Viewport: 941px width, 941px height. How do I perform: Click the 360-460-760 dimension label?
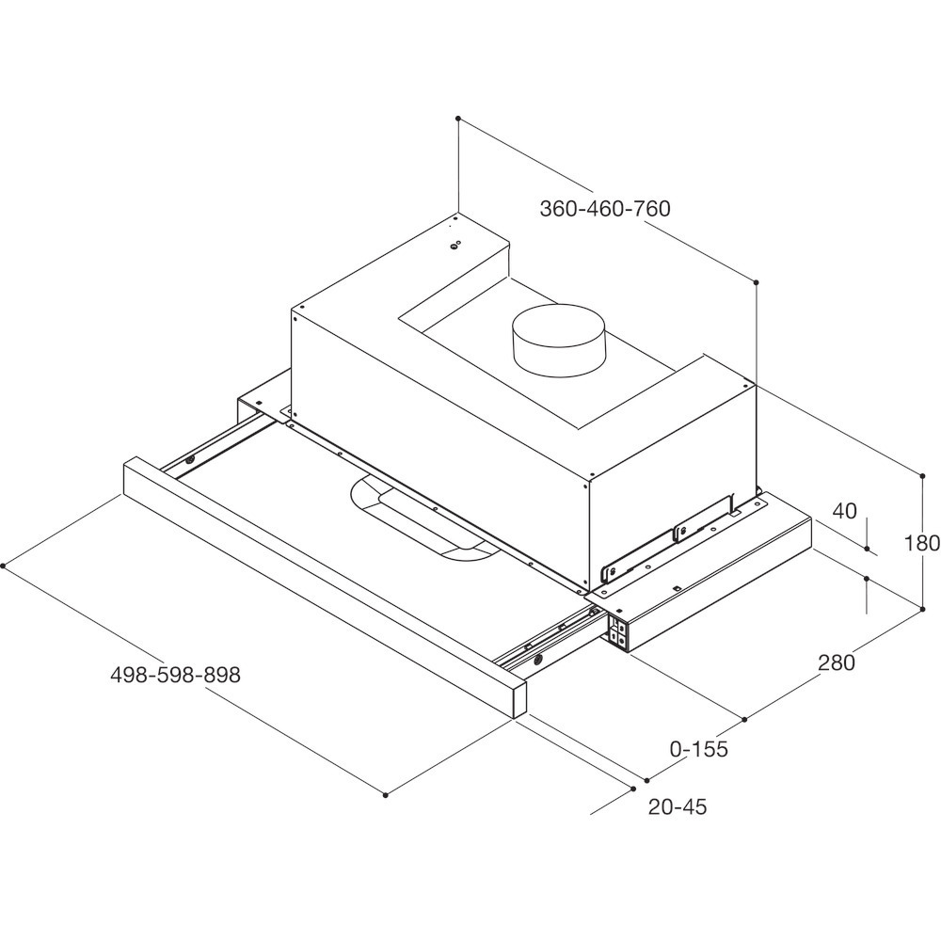[605, 208]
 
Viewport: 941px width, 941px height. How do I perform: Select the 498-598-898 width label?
[175, 675]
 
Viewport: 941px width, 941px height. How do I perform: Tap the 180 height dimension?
[922, 543]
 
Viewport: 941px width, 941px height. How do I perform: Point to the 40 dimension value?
[844, 511]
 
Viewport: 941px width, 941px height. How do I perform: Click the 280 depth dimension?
[836, 662]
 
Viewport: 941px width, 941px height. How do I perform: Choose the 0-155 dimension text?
[698, 749]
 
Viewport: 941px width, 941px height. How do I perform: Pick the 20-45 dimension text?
[678, 806]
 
